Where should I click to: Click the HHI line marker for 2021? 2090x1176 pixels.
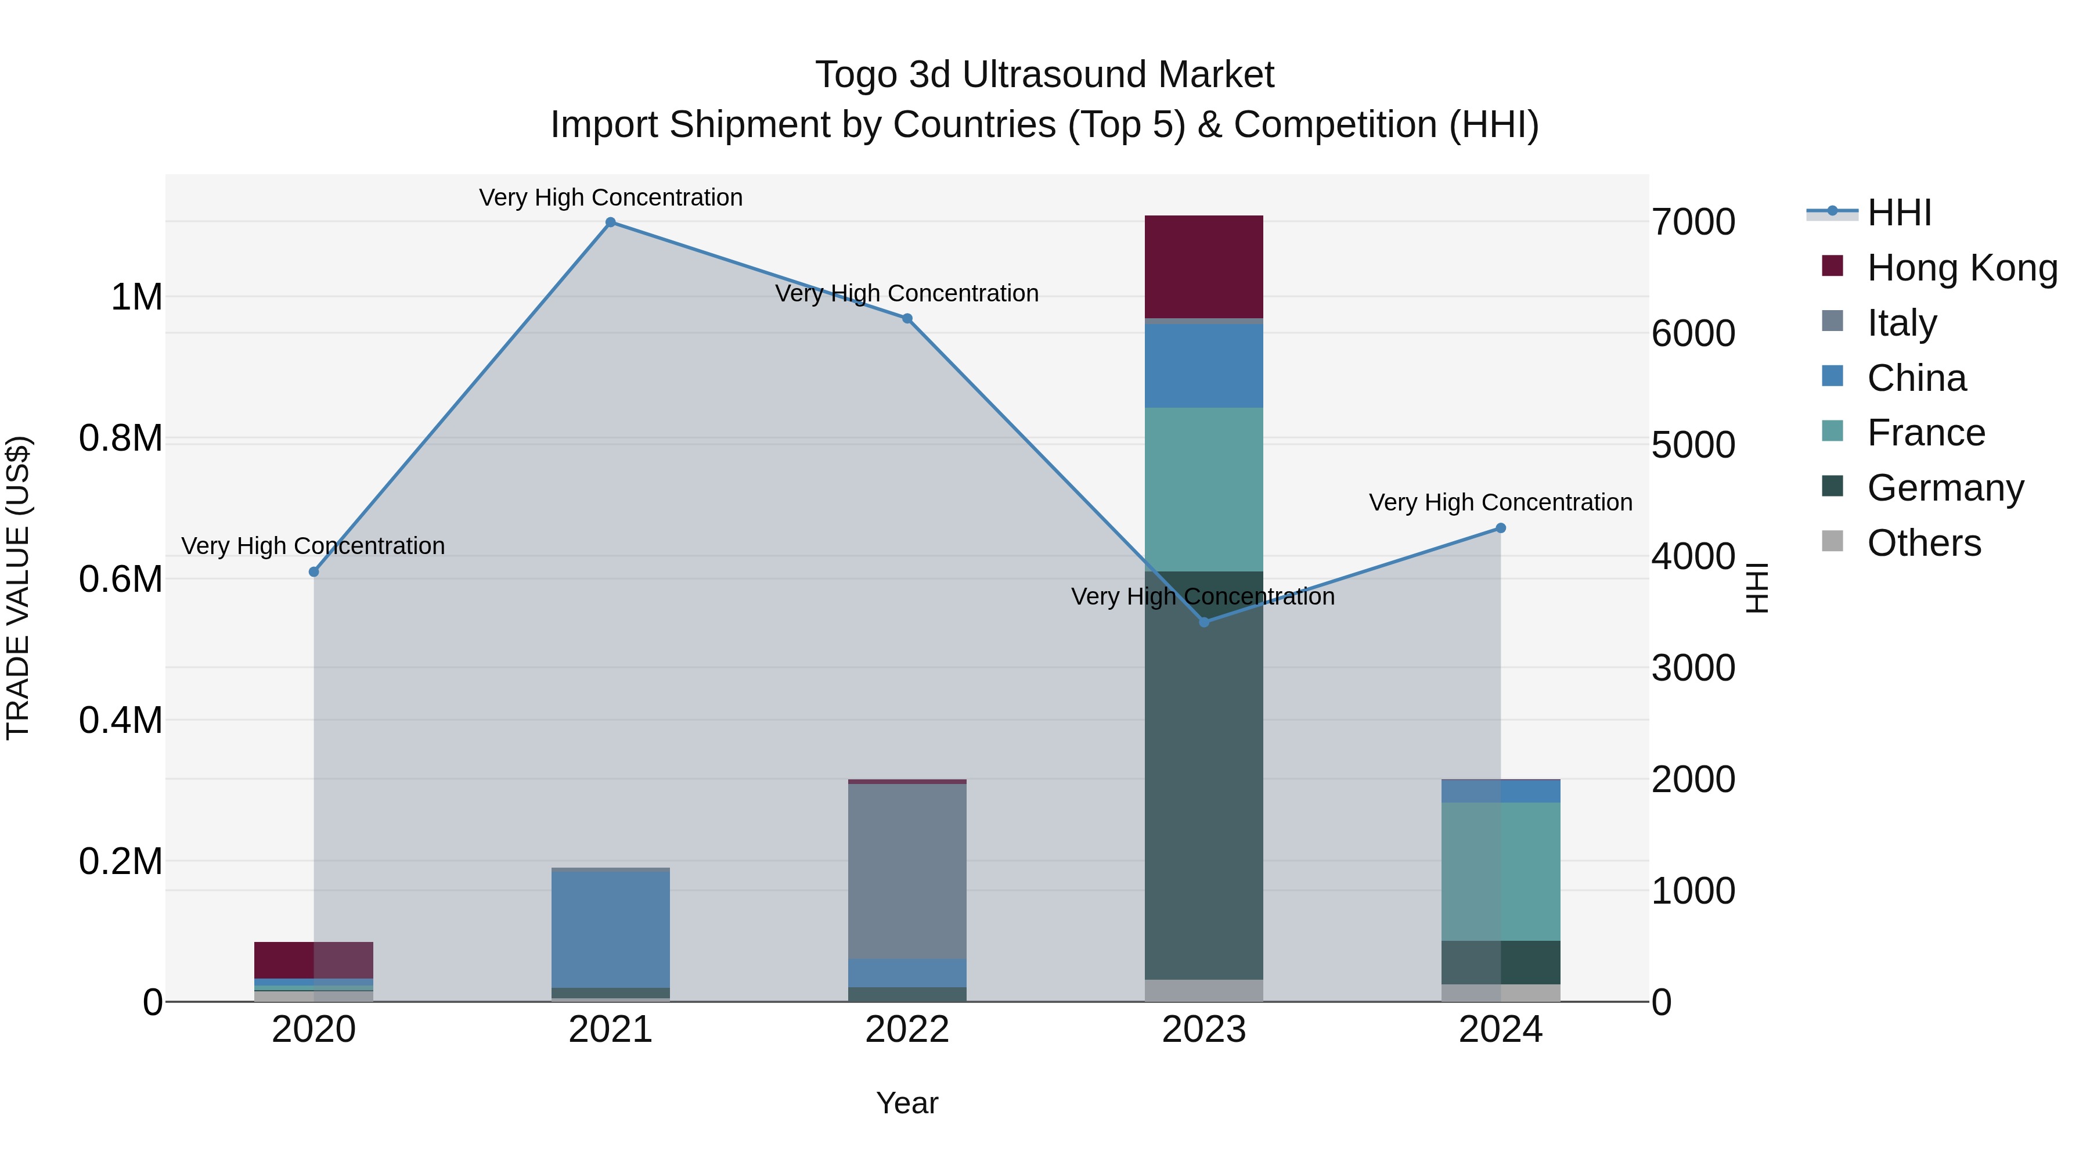coord(611,222)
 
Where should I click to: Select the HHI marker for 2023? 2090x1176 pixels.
coord(1204,623)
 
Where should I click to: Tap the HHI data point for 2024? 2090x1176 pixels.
coord(1500,528)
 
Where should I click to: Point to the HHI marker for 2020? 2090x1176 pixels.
coord(314,572)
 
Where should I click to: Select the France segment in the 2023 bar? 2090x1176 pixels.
coord(1203,490)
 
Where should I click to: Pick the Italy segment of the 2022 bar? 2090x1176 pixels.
coord(907,871)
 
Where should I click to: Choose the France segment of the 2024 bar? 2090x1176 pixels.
coord(1500,872)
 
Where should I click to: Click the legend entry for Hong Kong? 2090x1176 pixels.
coord(1962,268)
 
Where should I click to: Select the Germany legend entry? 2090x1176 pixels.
coord(1945,488)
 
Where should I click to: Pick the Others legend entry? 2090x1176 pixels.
coord(1924,543)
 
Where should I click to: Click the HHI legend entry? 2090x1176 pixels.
coord(1898,213)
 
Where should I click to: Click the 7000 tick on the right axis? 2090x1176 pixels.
coord(1693,222)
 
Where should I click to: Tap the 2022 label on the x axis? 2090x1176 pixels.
coord(907,1030)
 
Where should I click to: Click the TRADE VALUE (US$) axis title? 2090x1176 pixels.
coord(18,588)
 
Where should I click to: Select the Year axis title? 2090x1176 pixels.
coord(907,1103)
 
